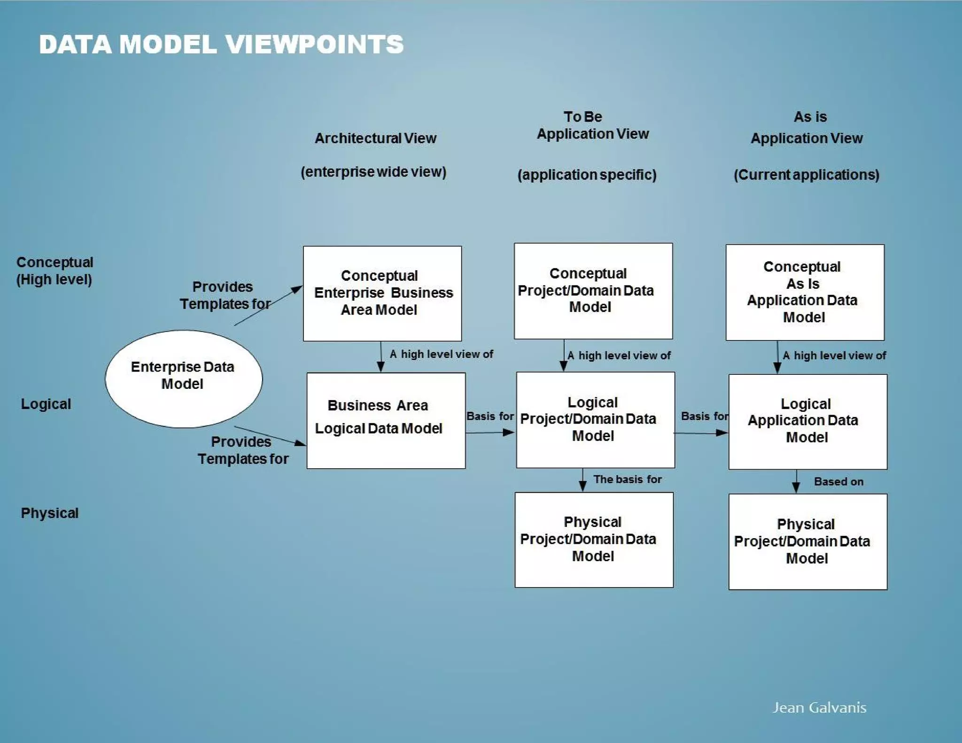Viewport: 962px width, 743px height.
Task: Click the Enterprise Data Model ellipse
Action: (183, 379)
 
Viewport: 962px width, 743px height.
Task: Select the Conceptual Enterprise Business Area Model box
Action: (382, 294)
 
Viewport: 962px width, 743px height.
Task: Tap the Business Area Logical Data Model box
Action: (386, 420)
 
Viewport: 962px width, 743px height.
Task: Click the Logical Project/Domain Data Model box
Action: (595, 420)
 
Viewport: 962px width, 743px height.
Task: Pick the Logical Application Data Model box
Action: (807, 421)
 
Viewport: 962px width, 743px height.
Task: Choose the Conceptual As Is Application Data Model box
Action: (805, 292)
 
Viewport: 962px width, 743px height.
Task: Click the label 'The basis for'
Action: (627, 479)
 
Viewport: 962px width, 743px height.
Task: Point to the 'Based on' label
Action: (838, 481)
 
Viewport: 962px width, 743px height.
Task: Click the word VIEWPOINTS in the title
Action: (314, 45)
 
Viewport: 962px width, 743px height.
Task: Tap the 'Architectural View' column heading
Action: (375, 138)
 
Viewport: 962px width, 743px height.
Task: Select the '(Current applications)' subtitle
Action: (806, 175)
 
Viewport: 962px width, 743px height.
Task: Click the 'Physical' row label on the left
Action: (49, 513)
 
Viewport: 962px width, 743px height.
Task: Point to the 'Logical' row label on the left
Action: (46, 404)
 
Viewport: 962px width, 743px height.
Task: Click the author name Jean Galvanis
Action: (819, 707)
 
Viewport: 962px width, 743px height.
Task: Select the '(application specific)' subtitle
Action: (587, 175)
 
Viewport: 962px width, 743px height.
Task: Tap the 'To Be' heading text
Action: (582, 116)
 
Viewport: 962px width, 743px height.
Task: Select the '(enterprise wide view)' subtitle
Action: (373, 172)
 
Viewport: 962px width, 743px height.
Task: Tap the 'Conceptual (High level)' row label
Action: (54, 271)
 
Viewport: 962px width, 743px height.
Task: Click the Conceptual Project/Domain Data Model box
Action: (593, 291)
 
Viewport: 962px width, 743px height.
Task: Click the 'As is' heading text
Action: (810, 116)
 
